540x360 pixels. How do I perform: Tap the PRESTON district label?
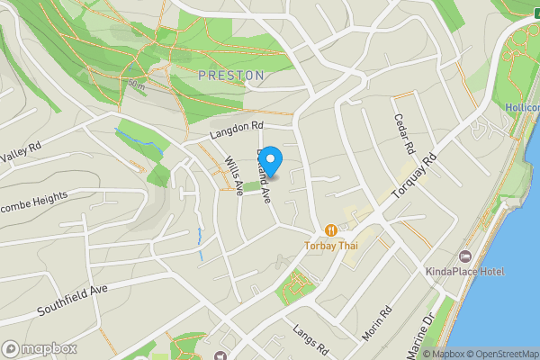(231, 76)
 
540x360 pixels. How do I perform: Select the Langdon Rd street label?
(235, 130)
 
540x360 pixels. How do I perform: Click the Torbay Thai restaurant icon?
(332, 230)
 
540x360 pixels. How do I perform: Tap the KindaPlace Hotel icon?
(465, 256)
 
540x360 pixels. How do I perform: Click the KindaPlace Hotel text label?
(465, 271)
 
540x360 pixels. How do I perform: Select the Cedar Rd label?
(401, 133)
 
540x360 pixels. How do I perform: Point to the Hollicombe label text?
(522, 107)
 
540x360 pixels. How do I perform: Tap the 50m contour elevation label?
(137, 84)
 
